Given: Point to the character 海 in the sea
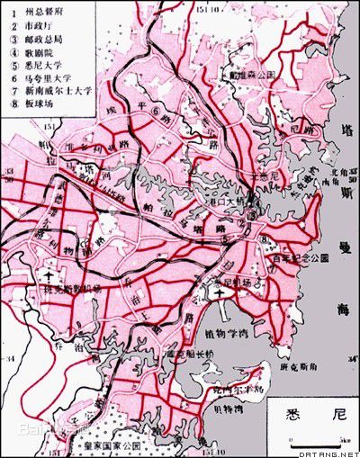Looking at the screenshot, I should [341, 311].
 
